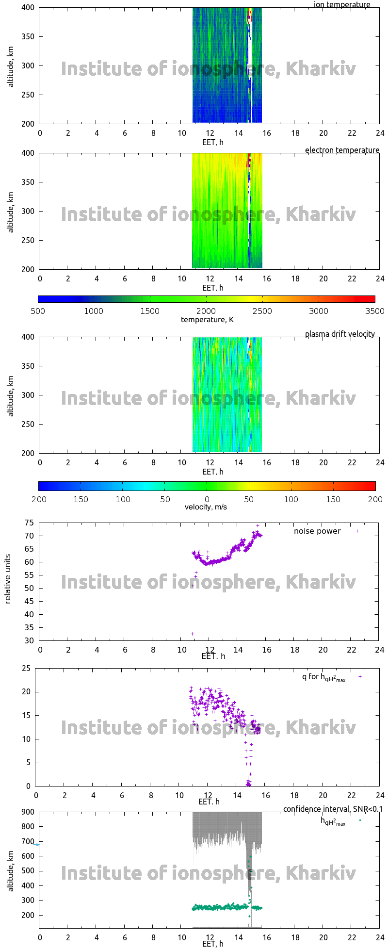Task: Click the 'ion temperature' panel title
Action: (342, 5)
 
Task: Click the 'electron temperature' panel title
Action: (342, 150)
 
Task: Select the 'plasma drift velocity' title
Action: (339, 334)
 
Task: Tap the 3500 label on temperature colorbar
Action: (375, 311)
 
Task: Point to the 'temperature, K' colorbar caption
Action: (207, 319)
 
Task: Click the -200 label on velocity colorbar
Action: (38, 499)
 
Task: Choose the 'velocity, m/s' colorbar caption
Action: (206, 507)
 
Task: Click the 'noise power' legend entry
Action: (317, 531)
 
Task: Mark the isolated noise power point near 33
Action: (192, 634)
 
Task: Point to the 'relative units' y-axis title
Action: (8, 579)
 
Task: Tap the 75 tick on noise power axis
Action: (29, 523)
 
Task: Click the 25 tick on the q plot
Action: (26, 669)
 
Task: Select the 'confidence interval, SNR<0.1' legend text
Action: (333, 809)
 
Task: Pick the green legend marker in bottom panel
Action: (360, 820)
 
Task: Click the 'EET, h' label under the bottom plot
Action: (212, 944)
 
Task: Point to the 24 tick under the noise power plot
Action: (380, 650)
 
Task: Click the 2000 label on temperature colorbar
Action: (206, 311)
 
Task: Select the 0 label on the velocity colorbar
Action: (207, 499)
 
